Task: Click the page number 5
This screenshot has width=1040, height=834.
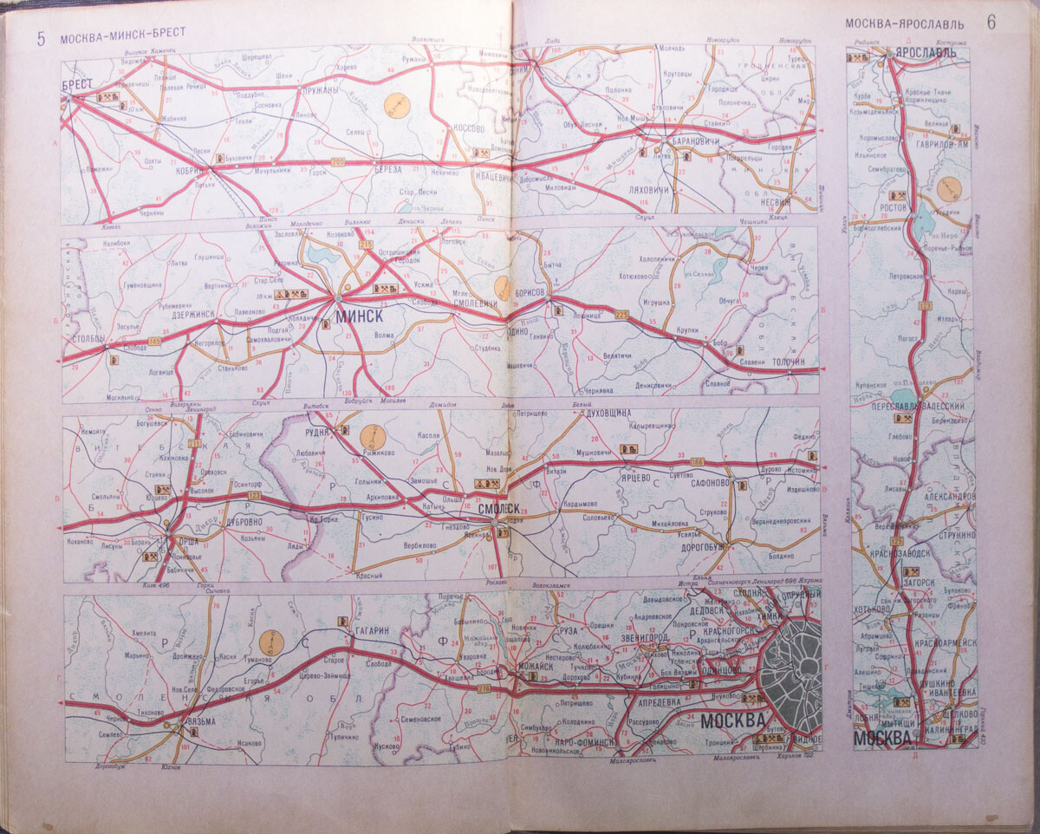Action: click(41, 37)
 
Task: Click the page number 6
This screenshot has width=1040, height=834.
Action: click(990, 23)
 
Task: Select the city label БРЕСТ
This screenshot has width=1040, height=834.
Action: click(79, 85)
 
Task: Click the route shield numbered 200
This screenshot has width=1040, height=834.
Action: click(337, 161)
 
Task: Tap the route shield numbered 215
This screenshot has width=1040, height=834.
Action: click(366, 246)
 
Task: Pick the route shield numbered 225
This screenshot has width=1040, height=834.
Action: click(621, 313)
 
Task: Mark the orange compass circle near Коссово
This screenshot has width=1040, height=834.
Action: click(397, 106)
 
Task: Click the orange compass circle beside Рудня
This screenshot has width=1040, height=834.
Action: click(374, 436)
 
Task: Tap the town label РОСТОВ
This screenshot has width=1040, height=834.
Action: click(893, 208)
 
